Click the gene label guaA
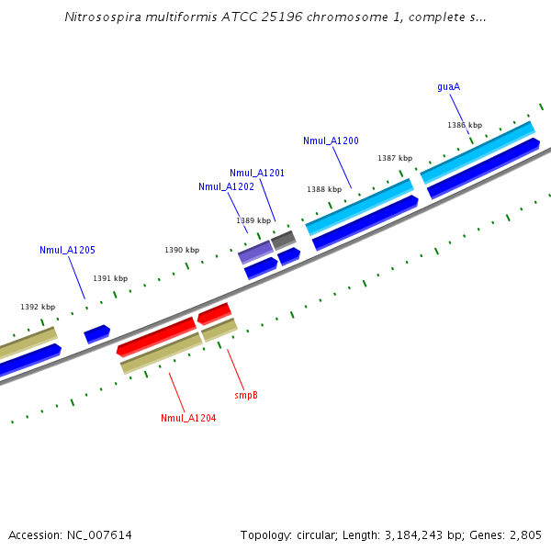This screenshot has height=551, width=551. [x=448, y=87]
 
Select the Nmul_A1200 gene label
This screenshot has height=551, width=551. [x=331, y=141]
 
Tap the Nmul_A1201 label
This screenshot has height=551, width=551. [x=257, y=173]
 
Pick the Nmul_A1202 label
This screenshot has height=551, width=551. [x=226, y=186]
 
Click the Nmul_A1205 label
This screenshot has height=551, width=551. [x=67, y=250]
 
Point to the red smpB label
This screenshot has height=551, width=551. [x=246, y=395]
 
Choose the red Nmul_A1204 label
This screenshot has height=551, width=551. [x=188, y=418]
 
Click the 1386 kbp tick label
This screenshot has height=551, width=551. [x=465, y=125]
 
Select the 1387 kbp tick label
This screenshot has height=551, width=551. [x=395, y=158]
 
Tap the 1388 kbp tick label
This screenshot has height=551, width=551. [x=324, y=189]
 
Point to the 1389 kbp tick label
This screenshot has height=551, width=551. [x=253, y=220]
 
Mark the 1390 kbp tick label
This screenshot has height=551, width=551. [x=182, y=250]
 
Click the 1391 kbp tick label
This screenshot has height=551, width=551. [x=110, y=278]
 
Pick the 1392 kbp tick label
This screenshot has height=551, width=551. [x=38, y=307]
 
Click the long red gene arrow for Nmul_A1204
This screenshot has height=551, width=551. [x=157, y=336]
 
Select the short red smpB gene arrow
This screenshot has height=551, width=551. [x=214, y=313]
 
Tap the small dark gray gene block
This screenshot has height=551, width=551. [x=283, y=240]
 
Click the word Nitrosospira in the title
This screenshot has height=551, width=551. [x=100, y=17]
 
